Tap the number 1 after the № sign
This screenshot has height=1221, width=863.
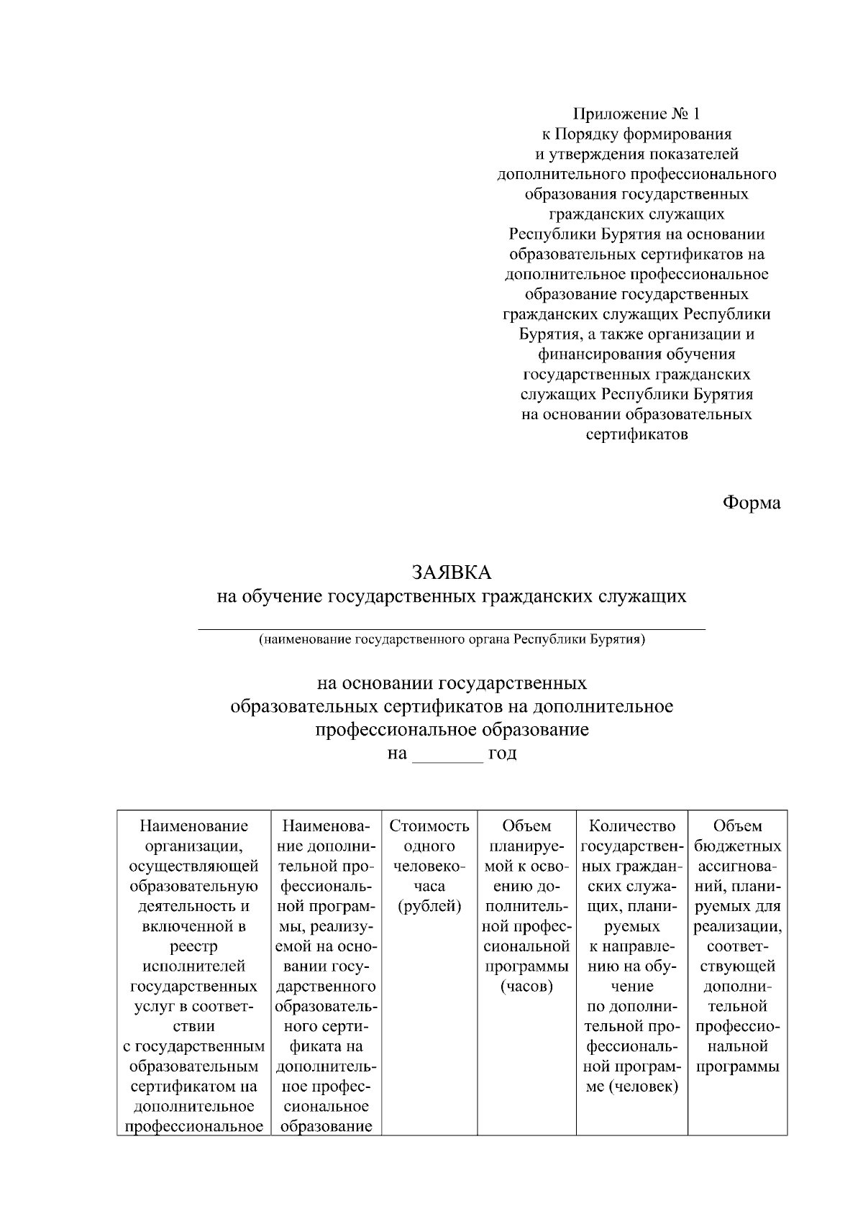click(x=695, y=114)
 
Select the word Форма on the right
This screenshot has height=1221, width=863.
click(x=751, y=503)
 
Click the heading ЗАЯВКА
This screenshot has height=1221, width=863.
click(x=451, y=572)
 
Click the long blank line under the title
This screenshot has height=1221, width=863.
click(x=451, y=629)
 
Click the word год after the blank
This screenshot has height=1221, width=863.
click(x=502, y=754)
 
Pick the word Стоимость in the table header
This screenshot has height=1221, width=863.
click(x=429, y=826)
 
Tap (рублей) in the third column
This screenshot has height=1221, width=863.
click(x=429, y=906)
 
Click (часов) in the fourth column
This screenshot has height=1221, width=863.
click(x=526, y=986)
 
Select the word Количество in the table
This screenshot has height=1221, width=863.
click(x=631, y=826)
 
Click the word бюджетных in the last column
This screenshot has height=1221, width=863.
click(x=738, y=846)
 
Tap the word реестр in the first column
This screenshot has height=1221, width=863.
click(x=194, y=946)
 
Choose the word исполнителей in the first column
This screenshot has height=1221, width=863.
click(x=194, y=966)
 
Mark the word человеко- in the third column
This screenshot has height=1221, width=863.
click(x=429, y=866)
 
